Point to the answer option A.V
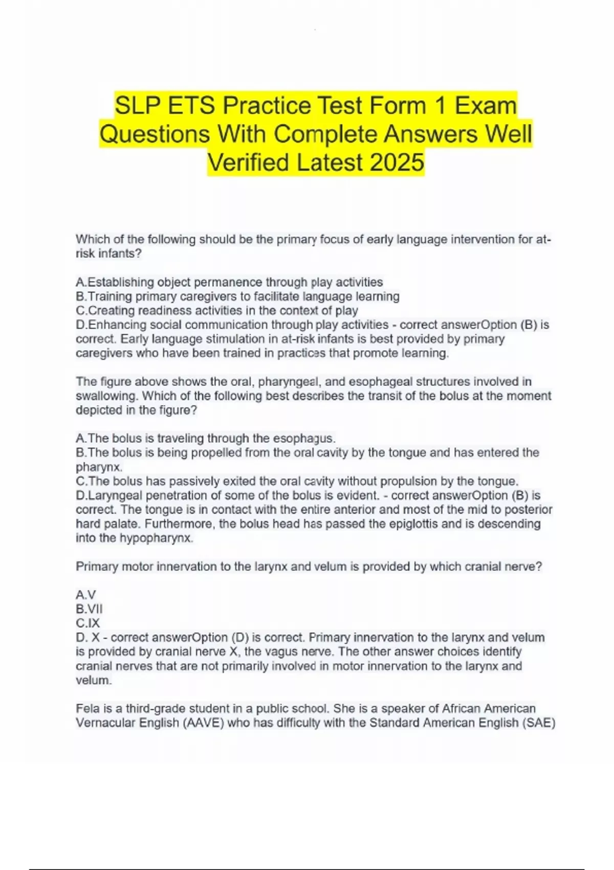(85, 595)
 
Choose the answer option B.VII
(89, 609)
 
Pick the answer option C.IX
(87, 623)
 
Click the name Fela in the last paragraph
(86, 709)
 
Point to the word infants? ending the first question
(121, 253)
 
